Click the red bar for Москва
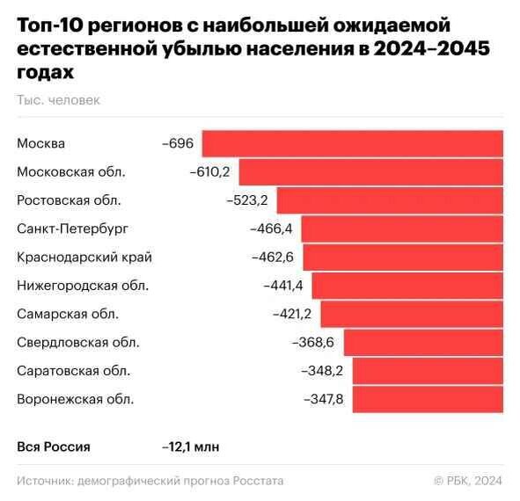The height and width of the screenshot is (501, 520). tap(353, 143)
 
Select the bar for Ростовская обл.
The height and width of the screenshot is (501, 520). tap(391, 200)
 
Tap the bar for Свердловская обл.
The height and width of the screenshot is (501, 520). tap(423, 343)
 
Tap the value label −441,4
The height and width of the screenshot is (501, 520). tap(283, 286)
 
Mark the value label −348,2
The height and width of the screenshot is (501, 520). tap(323, 371)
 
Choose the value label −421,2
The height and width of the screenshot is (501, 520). tap(292, 314)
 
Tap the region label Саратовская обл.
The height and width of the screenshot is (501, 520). tap(74, 371)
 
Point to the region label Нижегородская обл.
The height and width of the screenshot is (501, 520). tap(83, 286)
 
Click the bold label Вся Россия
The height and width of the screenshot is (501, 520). tap(54, 447)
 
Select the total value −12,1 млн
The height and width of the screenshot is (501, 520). tap(191, 447)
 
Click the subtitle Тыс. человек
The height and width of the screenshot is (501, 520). tap(58, 100)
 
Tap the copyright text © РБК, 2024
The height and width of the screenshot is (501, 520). tap(468, 481)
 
